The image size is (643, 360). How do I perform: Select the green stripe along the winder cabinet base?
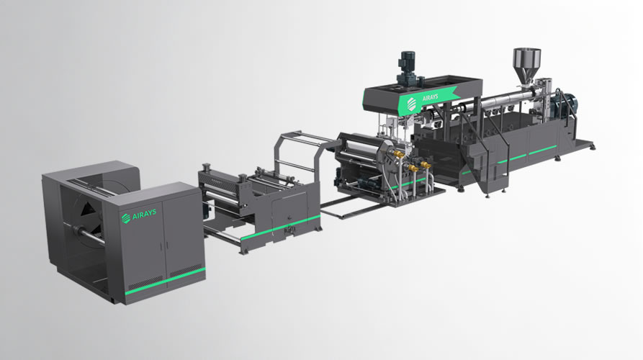[x=166, y=279]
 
